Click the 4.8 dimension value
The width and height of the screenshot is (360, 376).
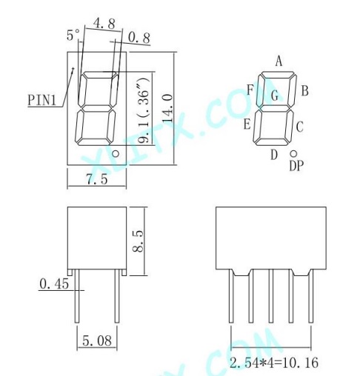coord(104,24)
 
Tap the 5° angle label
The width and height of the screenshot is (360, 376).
coord(73,35)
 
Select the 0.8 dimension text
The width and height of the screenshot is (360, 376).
coord(139,38)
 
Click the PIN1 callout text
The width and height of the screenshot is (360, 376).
coord(42,100)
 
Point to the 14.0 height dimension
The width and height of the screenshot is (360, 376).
coord(167,108)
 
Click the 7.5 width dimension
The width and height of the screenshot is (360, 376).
coord(97,179)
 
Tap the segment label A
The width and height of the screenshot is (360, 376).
coord(279,61)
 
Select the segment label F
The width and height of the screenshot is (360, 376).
coord(250,90)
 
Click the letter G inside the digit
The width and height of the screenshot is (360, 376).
coord(275,95)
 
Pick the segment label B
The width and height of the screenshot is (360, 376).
coord(305,90)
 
